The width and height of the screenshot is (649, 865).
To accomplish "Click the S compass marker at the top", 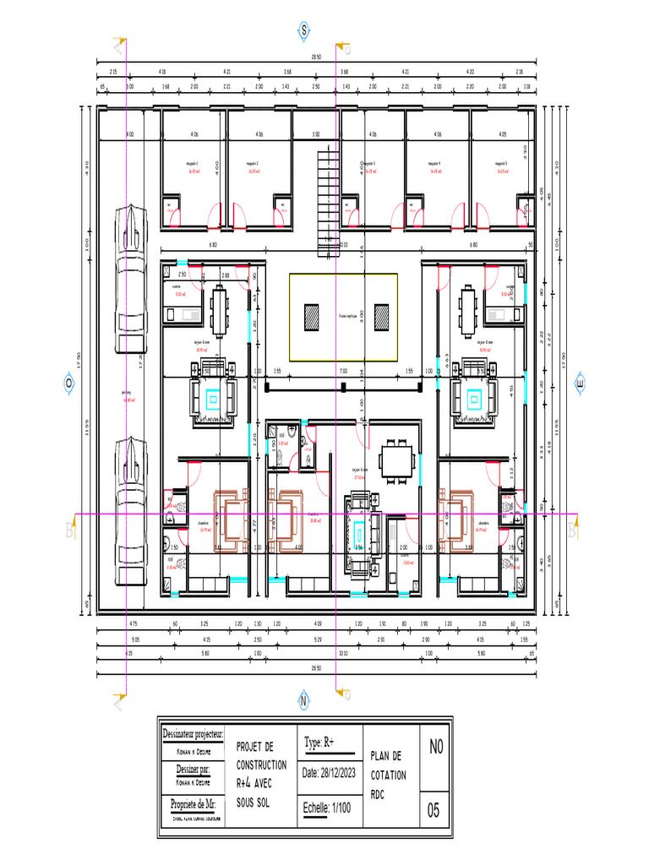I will (x=303, y=30).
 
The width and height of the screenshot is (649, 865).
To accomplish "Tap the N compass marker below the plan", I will (x=303, y=700).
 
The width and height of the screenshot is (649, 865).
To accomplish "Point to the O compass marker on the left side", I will (x=68, y=382).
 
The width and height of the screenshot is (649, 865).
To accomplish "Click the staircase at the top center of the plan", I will (x=328, y=203).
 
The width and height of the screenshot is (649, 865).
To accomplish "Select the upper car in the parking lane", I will (x=130, y=279).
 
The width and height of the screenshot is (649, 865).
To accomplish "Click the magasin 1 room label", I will (x=194, y=164).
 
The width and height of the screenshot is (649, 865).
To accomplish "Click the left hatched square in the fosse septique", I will (x=312, y=317).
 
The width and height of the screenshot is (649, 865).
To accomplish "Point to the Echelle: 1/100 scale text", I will (x=327, y=808).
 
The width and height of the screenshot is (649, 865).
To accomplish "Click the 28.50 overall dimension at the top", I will (x=316, y=57).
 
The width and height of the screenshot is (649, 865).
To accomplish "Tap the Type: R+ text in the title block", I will (x=319, y=743).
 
